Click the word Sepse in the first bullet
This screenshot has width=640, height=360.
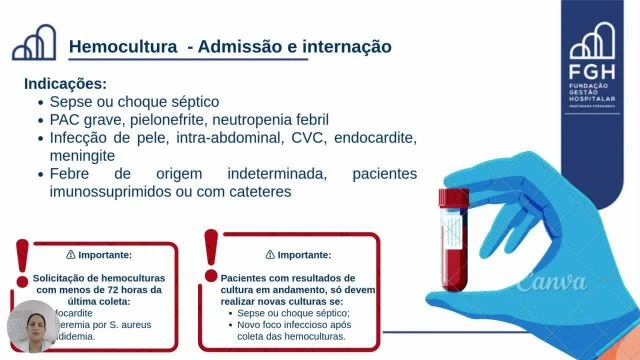(72, 102)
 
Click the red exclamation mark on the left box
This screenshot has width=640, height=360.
(21, 256)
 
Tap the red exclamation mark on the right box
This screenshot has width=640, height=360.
(210, 256)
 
